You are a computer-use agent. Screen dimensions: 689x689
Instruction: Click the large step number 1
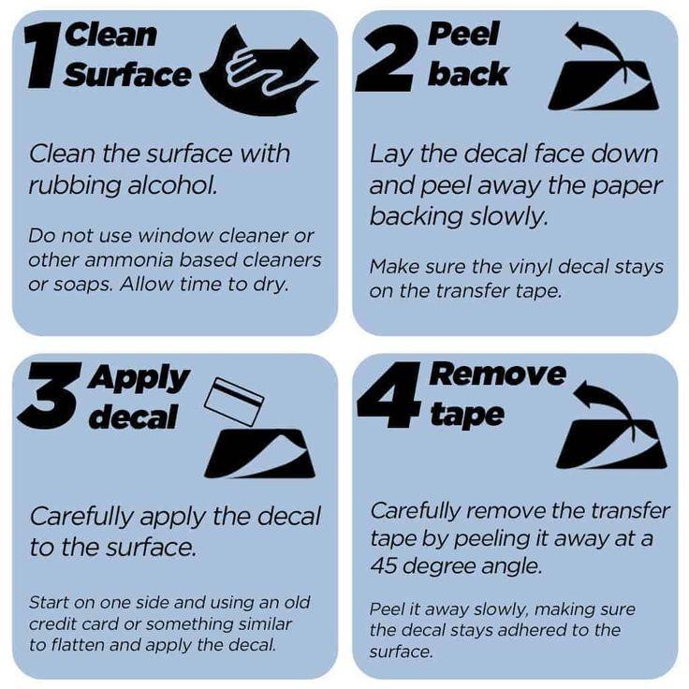[x=44, y=56]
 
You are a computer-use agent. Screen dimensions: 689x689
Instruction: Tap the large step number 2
[x=384, y=57]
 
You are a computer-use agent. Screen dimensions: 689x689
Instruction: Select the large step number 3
[x=49, y=395]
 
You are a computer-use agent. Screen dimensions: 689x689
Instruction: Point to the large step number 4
[x=388, y=395]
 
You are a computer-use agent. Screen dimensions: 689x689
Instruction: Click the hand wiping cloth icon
[x=259, y=70]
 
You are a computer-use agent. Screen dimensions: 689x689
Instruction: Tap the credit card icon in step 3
[x=234, y=402]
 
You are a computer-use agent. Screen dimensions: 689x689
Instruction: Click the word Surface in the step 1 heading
[x=127, y=75]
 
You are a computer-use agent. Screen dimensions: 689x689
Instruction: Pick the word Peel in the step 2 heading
[x=464, y=34]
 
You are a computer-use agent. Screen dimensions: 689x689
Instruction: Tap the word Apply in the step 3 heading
[x=139, y=378]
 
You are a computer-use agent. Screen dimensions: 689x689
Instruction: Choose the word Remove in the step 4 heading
[x=497, y=374]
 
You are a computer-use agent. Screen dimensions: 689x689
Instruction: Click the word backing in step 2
[x=417, y=216]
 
